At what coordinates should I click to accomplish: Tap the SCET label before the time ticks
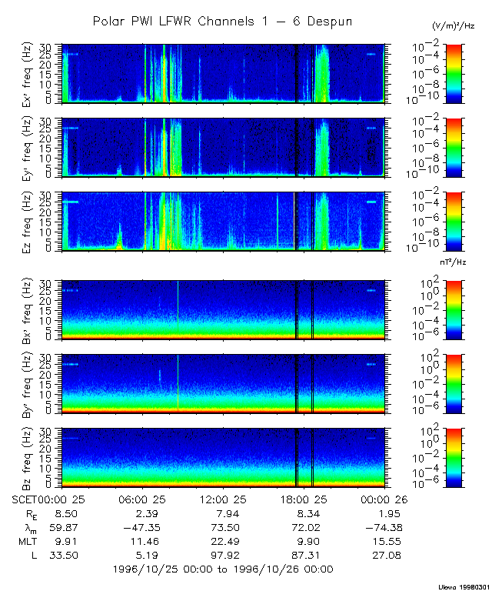tap(24, 499)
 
